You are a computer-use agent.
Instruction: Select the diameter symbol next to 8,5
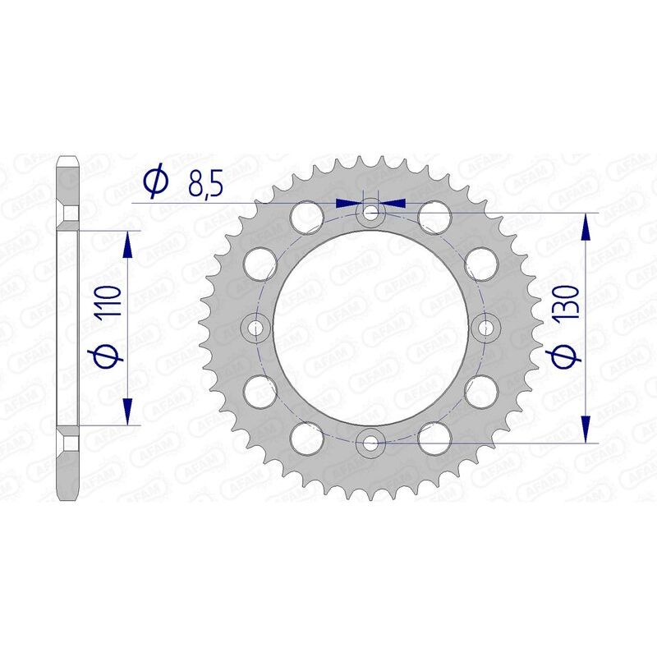(x=154, y=182)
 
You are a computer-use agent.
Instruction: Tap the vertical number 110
(x=113, y=301)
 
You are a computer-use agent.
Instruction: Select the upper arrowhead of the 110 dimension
(x=127, y=243)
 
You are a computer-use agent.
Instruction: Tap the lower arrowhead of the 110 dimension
(x=127, y=412)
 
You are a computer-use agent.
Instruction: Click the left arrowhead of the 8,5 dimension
(x=350, y=201)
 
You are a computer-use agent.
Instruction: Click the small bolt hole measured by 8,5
(x=371, y=214)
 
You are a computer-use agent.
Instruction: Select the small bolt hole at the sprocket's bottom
(x=371, y=443)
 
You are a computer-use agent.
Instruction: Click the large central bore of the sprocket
(x=371, y=328)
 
